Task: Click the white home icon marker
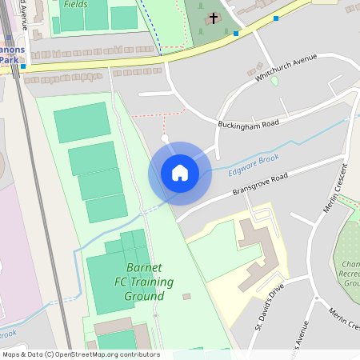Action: tap(180, 173)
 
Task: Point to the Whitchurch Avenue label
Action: tap(286, 69)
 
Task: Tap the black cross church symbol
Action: tap(214, 18)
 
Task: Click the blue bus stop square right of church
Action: tap(276, 18)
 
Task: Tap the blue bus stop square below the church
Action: tap(235, 34)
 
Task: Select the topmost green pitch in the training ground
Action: tap(82, 122)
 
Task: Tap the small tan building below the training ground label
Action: tap(186, 297)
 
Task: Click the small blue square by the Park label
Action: tap(23, 67)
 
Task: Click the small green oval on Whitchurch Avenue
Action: tap(274, 81)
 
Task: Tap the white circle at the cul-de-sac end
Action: tap(165, 138)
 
